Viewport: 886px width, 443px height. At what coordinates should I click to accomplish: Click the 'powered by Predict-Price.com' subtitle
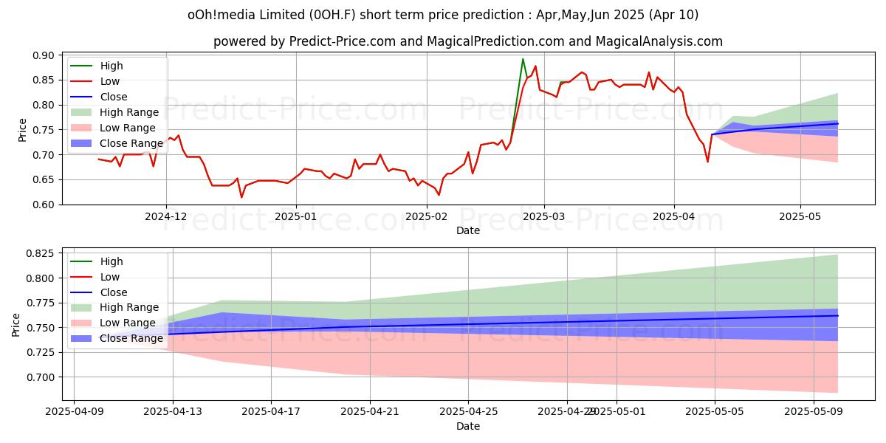coord(467,41)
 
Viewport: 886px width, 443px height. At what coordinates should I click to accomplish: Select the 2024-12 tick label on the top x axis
coord(166,216)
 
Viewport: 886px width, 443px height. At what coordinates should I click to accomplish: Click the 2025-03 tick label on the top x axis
coord(544,216)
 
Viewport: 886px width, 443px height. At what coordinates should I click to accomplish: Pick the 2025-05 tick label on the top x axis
coord(800,216)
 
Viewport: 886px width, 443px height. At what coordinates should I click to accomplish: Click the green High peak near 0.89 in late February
coord(523,59)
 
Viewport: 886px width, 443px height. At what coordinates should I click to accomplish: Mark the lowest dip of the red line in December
coord(241,197)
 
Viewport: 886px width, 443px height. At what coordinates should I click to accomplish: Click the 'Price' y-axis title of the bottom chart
coord(16,324)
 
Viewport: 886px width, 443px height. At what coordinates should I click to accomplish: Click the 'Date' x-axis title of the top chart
coord(467,230)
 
